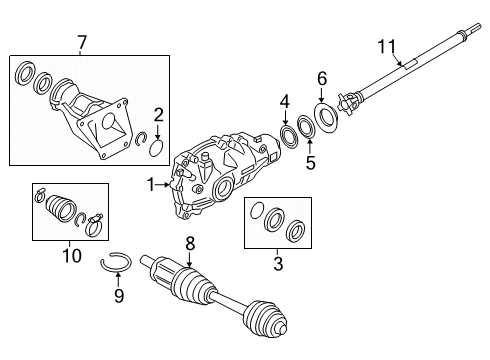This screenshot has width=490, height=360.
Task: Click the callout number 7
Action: coord(82,42)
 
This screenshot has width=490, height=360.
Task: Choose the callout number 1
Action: coord(151,183)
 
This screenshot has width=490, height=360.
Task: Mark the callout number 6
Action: coord(321,78)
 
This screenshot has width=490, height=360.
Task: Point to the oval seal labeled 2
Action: coord(157,150)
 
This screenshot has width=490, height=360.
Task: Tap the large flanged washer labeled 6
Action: coord(325,119)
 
